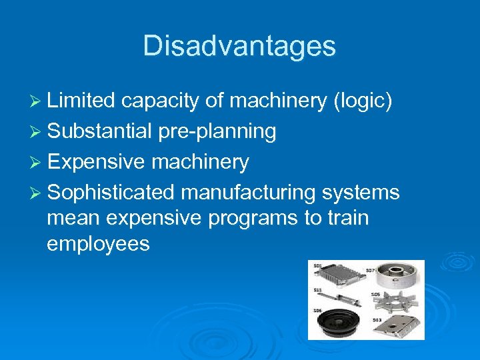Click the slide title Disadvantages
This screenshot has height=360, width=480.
pyautogui.click(x=239, y=46)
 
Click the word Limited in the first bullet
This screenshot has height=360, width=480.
pyautogui.click(x=81, y=101)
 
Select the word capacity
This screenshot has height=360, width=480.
pyautogui.click(x=159, y=101)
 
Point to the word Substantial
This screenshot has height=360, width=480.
pyautogui.click(x=100, y=131)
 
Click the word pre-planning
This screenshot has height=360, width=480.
pyautogui.click(x=217, y=131)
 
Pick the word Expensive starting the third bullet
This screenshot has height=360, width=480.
pyautogui.click(x=97, y=162)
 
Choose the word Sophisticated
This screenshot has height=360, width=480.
pyautogui.click(x=111, y=193)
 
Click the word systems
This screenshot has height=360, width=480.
pyautogui.click(x=361, y=193)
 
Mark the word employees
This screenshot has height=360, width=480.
pyautogui.click(x=98, y=243)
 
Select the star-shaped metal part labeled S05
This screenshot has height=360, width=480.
pyautogui.click(x=397, y=301)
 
